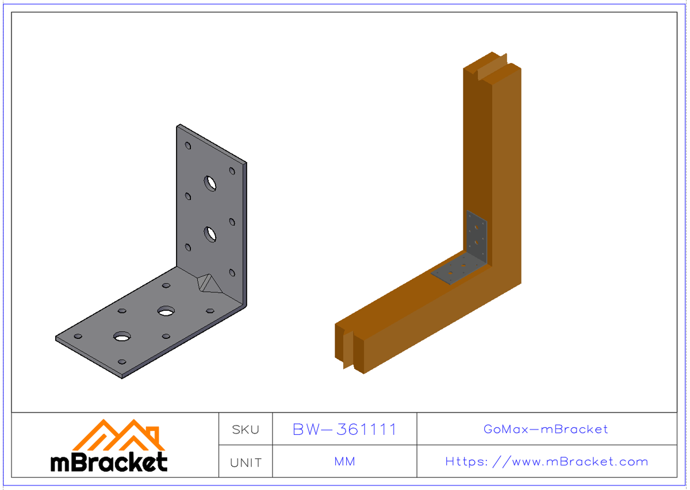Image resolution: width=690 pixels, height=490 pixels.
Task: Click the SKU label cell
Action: click(246, 429)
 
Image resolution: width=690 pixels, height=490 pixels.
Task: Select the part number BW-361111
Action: click(344, 429)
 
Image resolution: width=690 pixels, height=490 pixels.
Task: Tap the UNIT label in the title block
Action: click(246, 462)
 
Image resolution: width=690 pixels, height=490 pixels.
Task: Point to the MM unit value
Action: click(344, 461)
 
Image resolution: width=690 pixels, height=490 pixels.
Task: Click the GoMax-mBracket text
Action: click(546, 429)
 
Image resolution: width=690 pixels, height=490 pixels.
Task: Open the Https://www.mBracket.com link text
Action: click(546, 461)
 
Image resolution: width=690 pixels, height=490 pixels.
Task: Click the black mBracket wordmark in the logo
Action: click(109, 461)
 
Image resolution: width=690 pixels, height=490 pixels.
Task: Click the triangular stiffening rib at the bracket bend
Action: click(208, 283)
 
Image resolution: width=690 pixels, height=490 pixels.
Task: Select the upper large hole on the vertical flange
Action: click(210, 183)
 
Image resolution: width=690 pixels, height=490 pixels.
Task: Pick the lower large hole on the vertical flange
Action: click(210, 234)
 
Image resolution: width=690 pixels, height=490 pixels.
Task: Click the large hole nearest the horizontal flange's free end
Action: click(122, 336)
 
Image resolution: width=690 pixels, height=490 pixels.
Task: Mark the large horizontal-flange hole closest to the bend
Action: click(167, 311)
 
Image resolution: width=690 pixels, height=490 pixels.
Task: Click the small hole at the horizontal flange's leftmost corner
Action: click(78, 336)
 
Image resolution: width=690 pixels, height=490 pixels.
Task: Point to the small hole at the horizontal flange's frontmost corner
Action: click(122, 362)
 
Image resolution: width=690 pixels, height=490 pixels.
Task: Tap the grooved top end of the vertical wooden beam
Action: click(492, 64)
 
